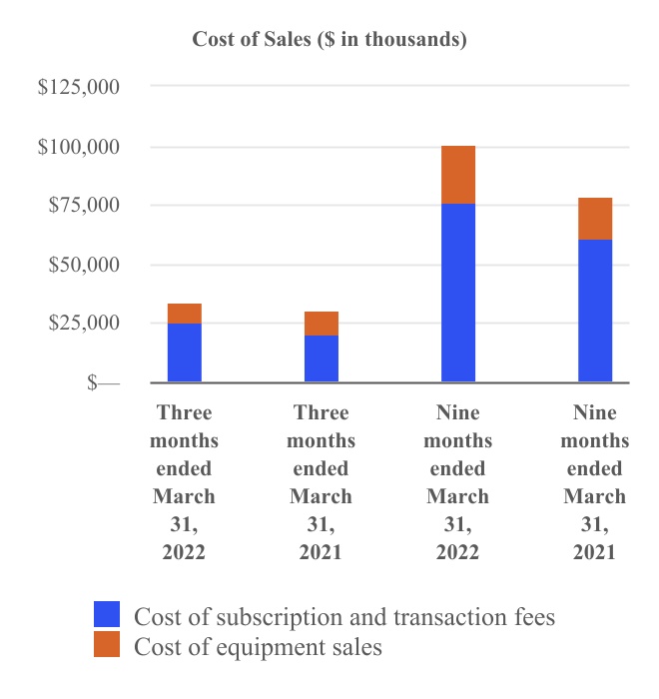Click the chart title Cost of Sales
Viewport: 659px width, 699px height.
tap(329, 40)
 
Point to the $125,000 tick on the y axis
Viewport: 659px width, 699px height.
tap(79, 88)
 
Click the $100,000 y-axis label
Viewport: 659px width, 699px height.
tap(79, 147)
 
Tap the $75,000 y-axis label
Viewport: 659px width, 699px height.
tap(84, 206)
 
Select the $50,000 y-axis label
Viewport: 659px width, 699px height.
tap(84, 265)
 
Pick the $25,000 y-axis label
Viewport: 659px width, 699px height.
tap(84, 324)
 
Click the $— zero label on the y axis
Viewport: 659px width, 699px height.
tap(103, 382)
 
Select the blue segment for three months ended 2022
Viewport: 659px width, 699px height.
tap(184, 352)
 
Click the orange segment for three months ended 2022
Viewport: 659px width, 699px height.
tap(184, 314)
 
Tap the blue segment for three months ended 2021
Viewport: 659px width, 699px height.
tap(322, 358)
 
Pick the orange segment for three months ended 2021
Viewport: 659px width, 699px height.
tap(322, 324)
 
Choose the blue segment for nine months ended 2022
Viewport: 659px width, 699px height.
tap(458, 293)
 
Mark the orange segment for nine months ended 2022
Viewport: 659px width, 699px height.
tap(458, 175)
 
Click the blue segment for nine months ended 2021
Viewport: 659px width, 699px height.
tap(595, 311)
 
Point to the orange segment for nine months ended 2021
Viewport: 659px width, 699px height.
tap(595, 219)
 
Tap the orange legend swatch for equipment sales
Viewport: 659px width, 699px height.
tap(107, 645)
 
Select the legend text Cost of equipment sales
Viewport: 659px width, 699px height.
tap(258, 647)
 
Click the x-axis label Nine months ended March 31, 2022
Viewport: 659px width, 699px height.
tap(458, 482)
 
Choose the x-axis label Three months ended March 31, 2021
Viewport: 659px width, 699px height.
tap(322, 482)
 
